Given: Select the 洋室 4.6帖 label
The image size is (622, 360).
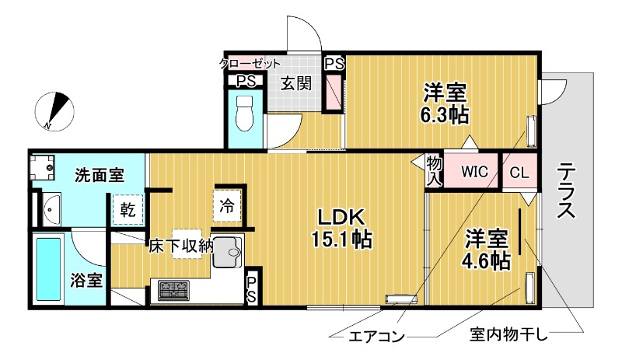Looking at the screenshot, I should pyautogui.click(x=487, y=249).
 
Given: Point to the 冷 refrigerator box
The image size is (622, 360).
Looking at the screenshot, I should pyautogui.click(x=226, y=207).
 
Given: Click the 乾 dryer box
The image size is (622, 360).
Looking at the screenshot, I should pyautogui.click(x=128, y=209).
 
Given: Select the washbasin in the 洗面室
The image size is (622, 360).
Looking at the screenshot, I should pyautogui.click(x=51, y=208).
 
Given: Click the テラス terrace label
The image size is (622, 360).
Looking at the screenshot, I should pyautogui.click(x=566, y=190).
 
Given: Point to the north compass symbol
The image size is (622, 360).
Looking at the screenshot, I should pyautogui.click(x=56, y=109).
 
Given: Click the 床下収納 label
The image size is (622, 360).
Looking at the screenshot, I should pyautogui.click(x=182, y=246).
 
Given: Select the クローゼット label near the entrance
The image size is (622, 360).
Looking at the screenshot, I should pyautogui.click(x=250, y=64).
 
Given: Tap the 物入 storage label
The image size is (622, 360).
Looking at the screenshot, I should pyautogui.click(x=433, y=171).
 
